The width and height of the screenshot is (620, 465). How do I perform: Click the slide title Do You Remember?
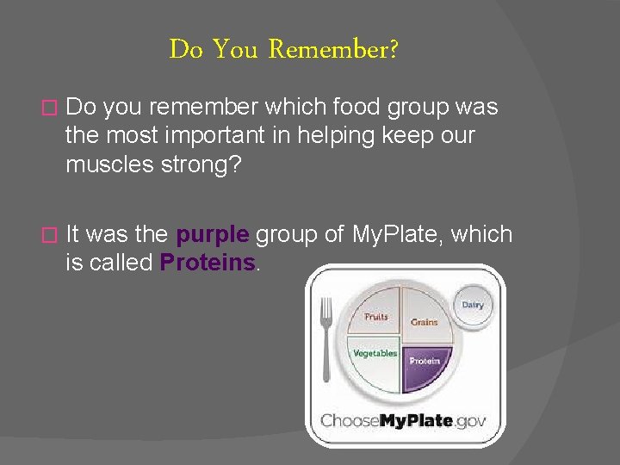(x=283, y=50)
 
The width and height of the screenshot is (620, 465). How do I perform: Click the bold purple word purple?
(x=213, y=234)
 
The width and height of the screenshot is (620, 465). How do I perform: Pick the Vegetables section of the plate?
(x=374, y=360)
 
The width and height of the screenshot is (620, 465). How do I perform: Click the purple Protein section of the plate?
(x=425, y=362)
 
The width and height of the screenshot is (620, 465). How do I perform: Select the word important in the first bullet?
(x=228, y=135)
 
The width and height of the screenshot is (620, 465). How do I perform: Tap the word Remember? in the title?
(x=333, y=50)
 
